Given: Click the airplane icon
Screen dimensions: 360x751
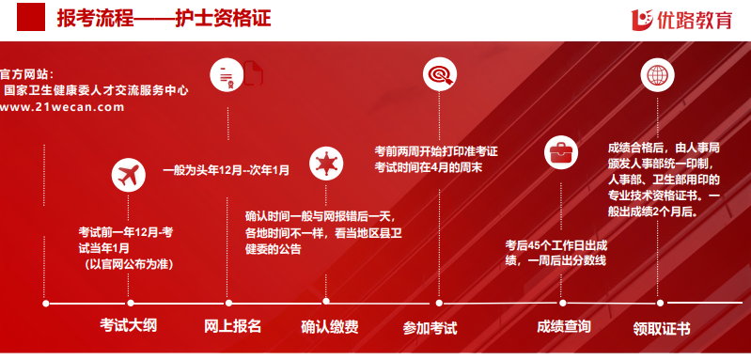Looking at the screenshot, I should tap(130, 175).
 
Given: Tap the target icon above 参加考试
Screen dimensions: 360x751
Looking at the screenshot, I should tap(438, 73).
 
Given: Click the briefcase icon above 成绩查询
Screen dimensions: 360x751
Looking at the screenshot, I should tap(562, 149).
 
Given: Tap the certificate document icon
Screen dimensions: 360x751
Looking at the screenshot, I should tap(227, 74).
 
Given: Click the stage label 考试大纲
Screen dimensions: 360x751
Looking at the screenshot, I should tap(129, 327).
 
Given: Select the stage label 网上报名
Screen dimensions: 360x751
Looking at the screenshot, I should tap(232, 327).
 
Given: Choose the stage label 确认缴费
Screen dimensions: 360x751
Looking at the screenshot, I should tap(329, 327).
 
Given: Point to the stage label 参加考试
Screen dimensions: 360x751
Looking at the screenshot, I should tap(430, 328).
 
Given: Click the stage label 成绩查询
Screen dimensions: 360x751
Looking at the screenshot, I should tap(564, 327).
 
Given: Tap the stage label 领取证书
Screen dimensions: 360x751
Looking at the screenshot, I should tap(661, 328).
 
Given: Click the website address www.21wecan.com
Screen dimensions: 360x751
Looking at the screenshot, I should tap(62, 107).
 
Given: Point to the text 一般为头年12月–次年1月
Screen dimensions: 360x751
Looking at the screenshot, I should tap(227, 170).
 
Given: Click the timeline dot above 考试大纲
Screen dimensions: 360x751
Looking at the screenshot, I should tap(130, 303).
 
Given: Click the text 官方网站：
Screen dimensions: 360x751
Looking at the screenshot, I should tap(27, 74).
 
